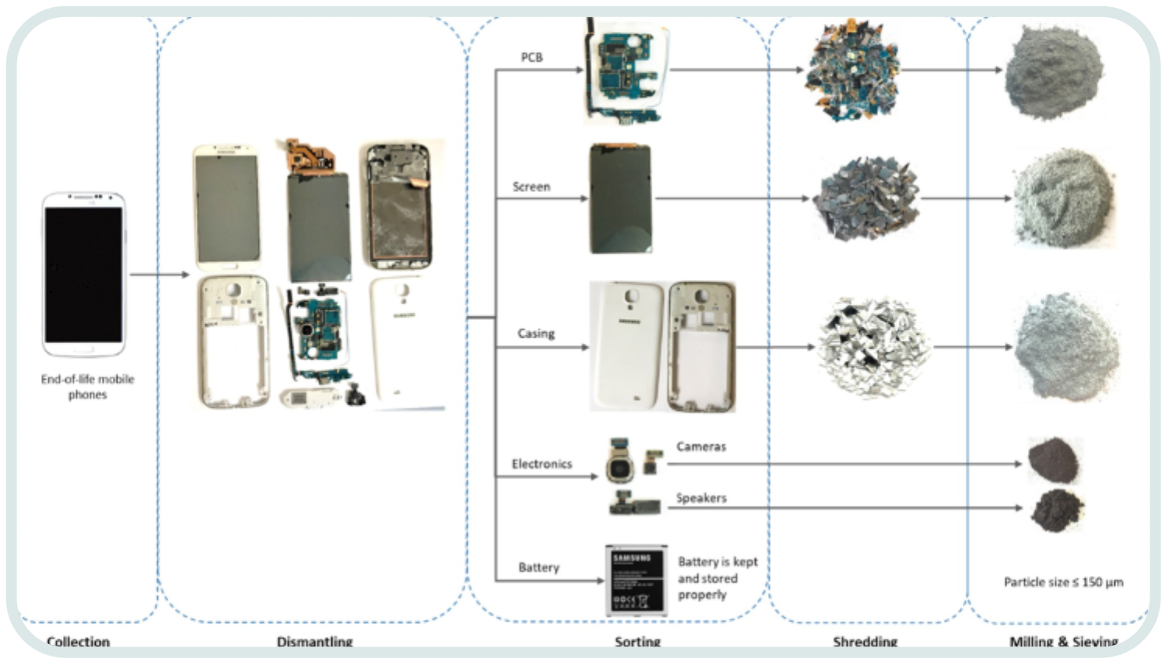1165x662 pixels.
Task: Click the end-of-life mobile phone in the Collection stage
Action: (x=84, y=274)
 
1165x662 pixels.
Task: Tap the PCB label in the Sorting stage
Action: (x=531, y=58)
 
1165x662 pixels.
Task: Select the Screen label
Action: (x=531, y=187)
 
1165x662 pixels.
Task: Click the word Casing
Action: (x=536, y=334)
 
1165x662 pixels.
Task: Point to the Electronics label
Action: (x=541, y=464)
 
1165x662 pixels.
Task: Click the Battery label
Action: (x=538, y=567)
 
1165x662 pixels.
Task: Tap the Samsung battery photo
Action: (x=635, y=580)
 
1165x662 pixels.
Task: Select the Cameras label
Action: (x=701, y=447)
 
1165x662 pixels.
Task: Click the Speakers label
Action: (x=701, y=498)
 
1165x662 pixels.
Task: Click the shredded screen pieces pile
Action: (x=865, y=198)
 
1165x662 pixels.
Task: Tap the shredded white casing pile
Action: (x=873, y=347)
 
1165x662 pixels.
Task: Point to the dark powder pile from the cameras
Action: (x=1054, y=460)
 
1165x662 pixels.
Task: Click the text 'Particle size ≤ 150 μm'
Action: (x=1063, y=582)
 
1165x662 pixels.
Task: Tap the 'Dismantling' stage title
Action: (x=314, y=642)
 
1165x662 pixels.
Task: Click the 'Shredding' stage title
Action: (x=865, y=642)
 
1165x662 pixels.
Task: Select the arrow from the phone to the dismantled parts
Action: (x=159, y=275)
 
